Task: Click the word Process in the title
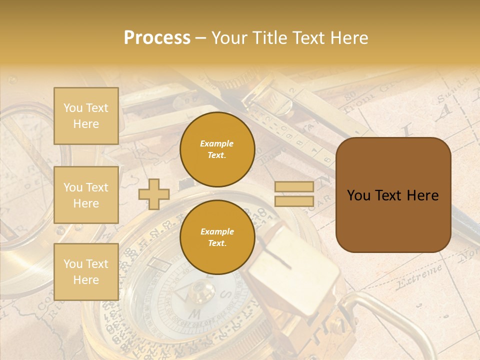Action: click(x=157, y=37)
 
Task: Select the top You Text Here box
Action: click(x=86, y=116)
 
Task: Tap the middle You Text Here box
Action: click(x=86, y=195)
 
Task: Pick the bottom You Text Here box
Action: click(x=86, y=271)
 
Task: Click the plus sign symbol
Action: click(x=154, y=194)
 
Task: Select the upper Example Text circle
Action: click(x=217, y=149)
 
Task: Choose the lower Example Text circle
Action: click(x=217, y=237)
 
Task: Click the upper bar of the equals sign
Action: click(x=294, y=187)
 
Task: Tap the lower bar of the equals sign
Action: click(x=294, y=201)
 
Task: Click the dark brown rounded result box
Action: click(x=393, y=194)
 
